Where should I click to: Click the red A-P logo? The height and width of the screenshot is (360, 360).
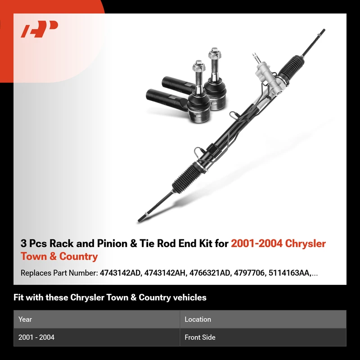[x=39, y=29]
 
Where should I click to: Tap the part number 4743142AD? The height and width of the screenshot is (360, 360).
[x=120, y=273]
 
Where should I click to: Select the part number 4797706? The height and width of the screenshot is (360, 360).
[x=249, y=273]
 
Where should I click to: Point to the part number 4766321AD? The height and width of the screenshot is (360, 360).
[x=210, y=273]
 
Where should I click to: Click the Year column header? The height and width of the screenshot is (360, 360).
[x=25, y=319]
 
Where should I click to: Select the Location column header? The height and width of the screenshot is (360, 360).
[x=198, y=319]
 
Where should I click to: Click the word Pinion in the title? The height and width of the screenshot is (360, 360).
[x=112, y=243]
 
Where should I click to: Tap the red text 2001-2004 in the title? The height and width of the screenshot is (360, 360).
[x=256, y=243]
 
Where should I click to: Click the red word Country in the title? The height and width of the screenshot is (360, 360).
[x=78, y=256]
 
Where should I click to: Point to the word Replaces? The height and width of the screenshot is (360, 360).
[x=36, y=273]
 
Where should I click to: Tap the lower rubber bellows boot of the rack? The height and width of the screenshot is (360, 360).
[x=187, y=178]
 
